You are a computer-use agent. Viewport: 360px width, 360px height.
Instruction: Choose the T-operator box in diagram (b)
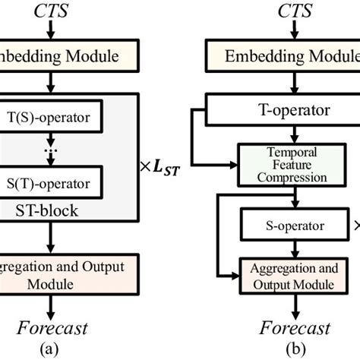tap(281, 109)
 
